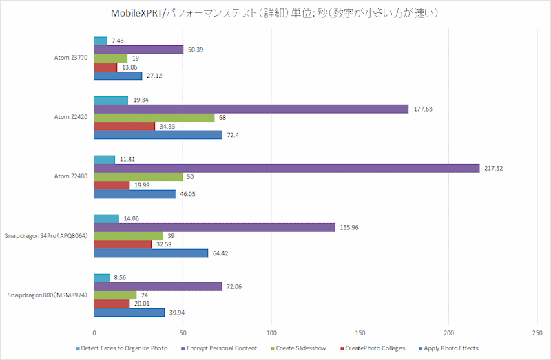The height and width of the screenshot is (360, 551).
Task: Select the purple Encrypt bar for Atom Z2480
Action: coord(287,168)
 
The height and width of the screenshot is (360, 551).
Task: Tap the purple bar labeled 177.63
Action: coord(251,109)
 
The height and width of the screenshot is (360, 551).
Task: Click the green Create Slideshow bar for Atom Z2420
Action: coord(154,118)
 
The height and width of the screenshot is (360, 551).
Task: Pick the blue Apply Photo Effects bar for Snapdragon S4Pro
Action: coord(151,253)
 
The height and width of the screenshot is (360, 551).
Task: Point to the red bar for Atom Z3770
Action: coord(105,67)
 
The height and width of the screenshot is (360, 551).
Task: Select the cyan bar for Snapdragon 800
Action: coord(102,277)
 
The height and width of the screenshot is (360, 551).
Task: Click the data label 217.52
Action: coord(496,168)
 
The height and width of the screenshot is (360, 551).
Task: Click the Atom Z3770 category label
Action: coord(72,59)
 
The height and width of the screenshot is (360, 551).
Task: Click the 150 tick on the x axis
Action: coord(360,330)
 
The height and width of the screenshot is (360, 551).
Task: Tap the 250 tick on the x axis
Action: coord(537,330)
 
